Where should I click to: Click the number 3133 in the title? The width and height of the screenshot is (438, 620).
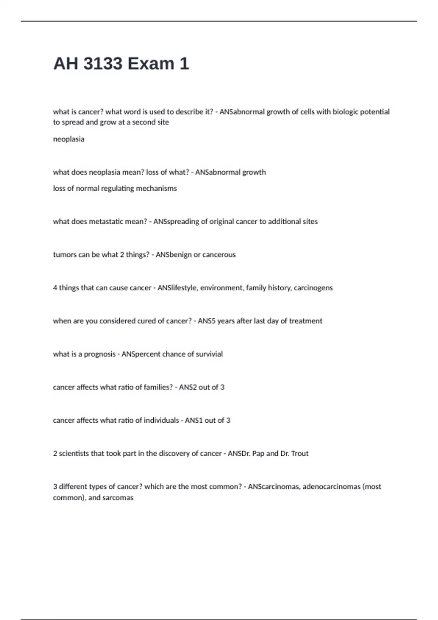pyautogui.click(x=103, y=63)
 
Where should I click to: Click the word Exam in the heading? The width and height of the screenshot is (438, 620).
pyautogui.click(x=151, y=63)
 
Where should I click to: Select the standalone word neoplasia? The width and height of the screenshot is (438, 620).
pyautogui.click(x=69, y=139)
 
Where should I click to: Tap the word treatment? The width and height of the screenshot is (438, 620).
pyautogui.click(x=306, y=321)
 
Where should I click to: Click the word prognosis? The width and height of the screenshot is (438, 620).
pyautogui.click(x=100, y=354)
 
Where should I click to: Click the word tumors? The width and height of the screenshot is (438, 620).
pyautogui.click(x=64, y=255)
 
